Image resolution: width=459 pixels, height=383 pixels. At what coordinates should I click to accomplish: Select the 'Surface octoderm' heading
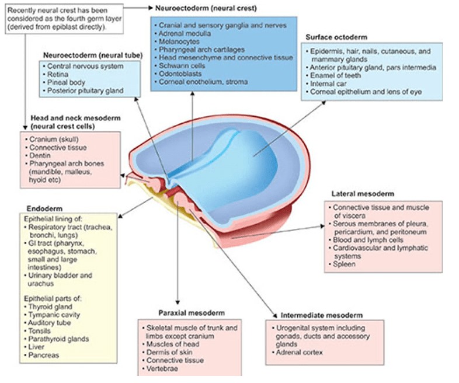pos(335,37)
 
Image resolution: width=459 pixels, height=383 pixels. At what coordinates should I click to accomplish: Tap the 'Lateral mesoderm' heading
pos(363,193)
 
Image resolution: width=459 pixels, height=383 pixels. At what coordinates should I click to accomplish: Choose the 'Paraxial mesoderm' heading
pos(192,313)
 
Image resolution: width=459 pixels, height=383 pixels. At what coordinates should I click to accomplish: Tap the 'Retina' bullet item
pos(58,75)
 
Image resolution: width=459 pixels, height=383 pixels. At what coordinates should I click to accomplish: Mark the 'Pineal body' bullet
pos(65,83)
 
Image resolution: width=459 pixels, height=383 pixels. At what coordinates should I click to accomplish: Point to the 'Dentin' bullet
pos(40,156)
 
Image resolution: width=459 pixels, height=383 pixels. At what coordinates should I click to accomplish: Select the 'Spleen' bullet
pos(346,264)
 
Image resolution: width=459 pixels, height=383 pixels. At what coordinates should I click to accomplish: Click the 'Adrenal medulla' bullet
pos(183,33)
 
